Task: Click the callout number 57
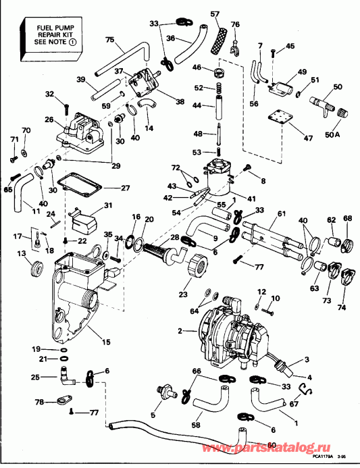(215, 14)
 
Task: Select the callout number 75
(109, 40)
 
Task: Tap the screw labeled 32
(66, 106)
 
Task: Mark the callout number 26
(49, 120)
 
